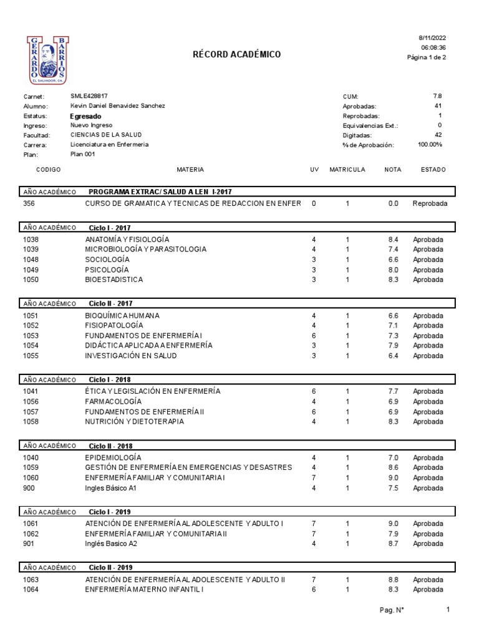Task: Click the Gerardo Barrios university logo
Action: click(x=48, y=60)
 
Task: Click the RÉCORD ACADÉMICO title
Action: click(x=237, y=55)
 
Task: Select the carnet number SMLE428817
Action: click(x=89, y=96)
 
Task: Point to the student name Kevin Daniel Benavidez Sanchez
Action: click(x=118, y=106)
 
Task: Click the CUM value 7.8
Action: click(x=437, y=96)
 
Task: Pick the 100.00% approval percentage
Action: click(x=430, y=144)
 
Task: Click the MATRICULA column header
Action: click(x=347, y=170)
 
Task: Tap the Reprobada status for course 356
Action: click(x=430, y=203)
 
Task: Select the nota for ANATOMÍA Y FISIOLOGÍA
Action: click(x=393, y=239)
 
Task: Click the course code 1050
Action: click(x=31, y=280)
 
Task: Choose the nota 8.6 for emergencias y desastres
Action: click(x=393, y=467)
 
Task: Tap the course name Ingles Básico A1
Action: click(x=110, y=488)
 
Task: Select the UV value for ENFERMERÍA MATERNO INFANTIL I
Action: click(x=314, y=590)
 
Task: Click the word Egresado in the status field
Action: click(x=86, y=116)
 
